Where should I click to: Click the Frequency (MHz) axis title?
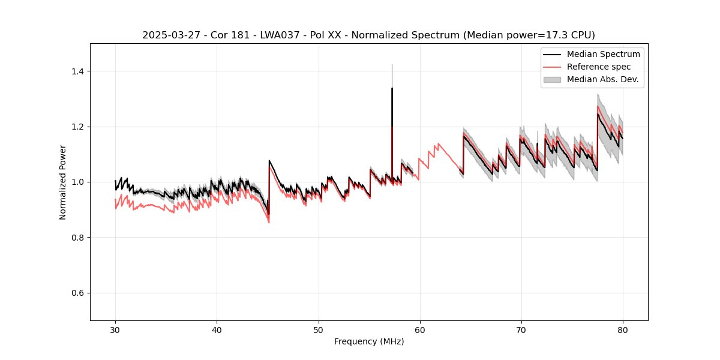coord(369,341)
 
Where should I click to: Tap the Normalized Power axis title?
coord(62,182)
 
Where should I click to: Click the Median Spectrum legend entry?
coord(603,54)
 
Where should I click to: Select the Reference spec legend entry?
coord(599,67)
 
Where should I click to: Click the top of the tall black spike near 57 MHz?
coord(392,88)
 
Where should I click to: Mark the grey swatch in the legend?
coord(552,79)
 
